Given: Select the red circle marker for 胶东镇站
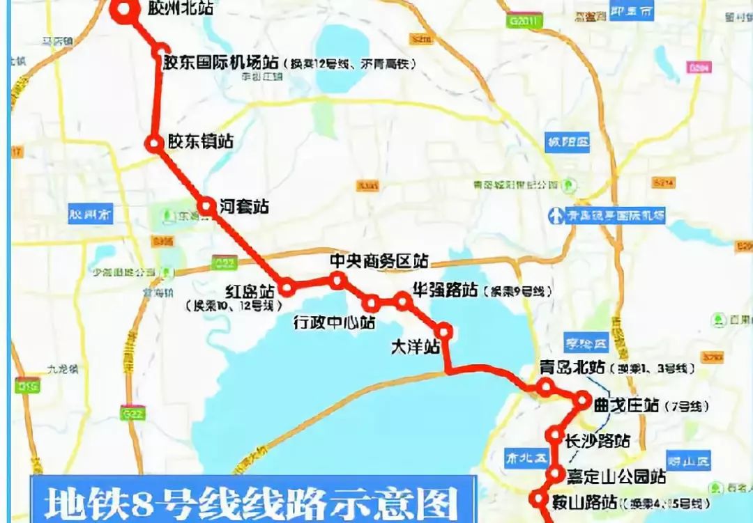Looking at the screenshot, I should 153,143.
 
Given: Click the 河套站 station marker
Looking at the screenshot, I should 206,206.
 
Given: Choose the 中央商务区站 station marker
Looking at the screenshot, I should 337,280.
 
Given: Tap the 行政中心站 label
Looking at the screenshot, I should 334,322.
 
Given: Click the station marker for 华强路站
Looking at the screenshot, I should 402,301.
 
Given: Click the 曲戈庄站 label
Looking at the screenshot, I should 625,405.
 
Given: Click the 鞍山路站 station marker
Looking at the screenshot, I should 538,499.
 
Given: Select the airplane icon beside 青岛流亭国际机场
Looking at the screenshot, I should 556,215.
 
